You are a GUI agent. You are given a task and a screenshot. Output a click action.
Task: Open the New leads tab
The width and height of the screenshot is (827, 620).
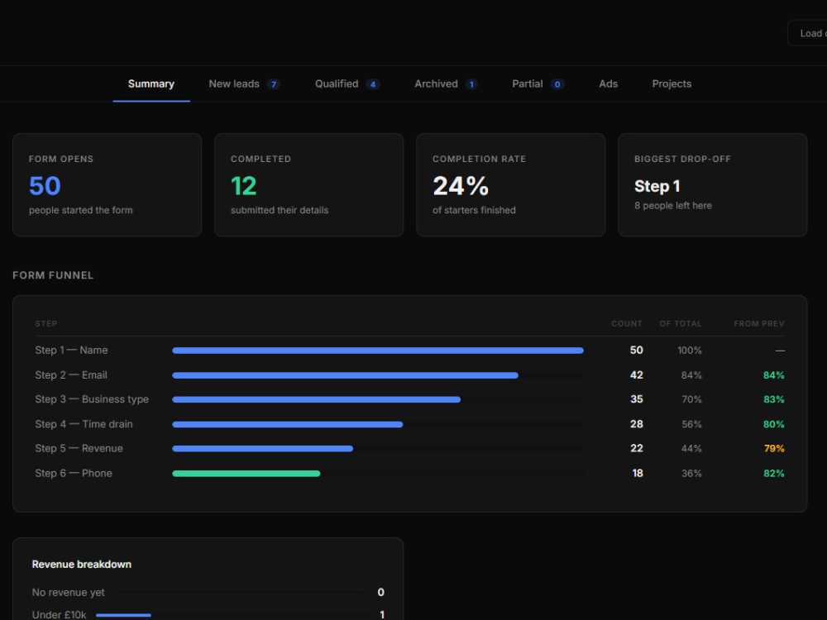244,83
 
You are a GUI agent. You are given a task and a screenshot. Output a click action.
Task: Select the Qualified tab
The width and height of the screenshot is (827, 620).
347,83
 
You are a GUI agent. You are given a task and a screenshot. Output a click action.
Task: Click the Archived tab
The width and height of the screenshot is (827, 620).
446,83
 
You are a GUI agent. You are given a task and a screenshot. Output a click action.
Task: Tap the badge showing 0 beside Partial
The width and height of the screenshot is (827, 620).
557,84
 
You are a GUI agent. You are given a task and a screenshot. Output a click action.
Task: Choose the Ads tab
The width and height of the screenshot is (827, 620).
608,83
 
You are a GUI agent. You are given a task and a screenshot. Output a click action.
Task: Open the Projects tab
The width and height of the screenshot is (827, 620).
672,83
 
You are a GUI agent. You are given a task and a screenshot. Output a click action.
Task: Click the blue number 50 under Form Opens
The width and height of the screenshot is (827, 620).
45,185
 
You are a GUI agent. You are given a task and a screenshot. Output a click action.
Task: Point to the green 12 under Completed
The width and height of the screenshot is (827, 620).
244,185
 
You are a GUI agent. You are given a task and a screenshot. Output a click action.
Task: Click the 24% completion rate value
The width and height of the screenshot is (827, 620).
461,185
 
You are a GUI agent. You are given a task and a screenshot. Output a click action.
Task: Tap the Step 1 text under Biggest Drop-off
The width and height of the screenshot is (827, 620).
657,186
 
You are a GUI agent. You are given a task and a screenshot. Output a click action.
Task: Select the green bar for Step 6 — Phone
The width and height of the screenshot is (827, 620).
246,474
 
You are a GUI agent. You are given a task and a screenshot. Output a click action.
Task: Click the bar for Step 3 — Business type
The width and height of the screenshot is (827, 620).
317,399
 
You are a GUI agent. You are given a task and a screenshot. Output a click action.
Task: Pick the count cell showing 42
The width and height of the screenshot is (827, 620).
637,374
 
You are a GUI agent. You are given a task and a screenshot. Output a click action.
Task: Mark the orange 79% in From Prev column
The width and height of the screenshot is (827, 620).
774,449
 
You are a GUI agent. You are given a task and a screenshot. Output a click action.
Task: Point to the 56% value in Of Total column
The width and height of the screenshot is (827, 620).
691,424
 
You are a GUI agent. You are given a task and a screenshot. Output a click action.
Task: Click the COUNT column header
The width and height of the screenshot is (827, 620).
627,324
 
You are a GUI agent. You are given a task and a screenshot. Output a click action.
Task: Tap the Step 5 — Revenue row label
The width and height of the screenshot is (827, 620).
79,449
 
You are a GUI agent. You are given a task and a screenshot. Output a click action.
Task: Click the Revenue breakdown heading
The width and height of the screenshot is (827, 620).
82,564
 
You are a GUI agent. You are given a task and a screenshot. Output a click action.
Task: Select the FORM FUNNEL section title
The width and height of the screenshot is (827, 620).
53,275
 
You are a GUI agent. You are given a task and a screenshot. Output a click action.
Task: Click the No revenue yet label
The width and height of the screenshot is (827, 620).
68,593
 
